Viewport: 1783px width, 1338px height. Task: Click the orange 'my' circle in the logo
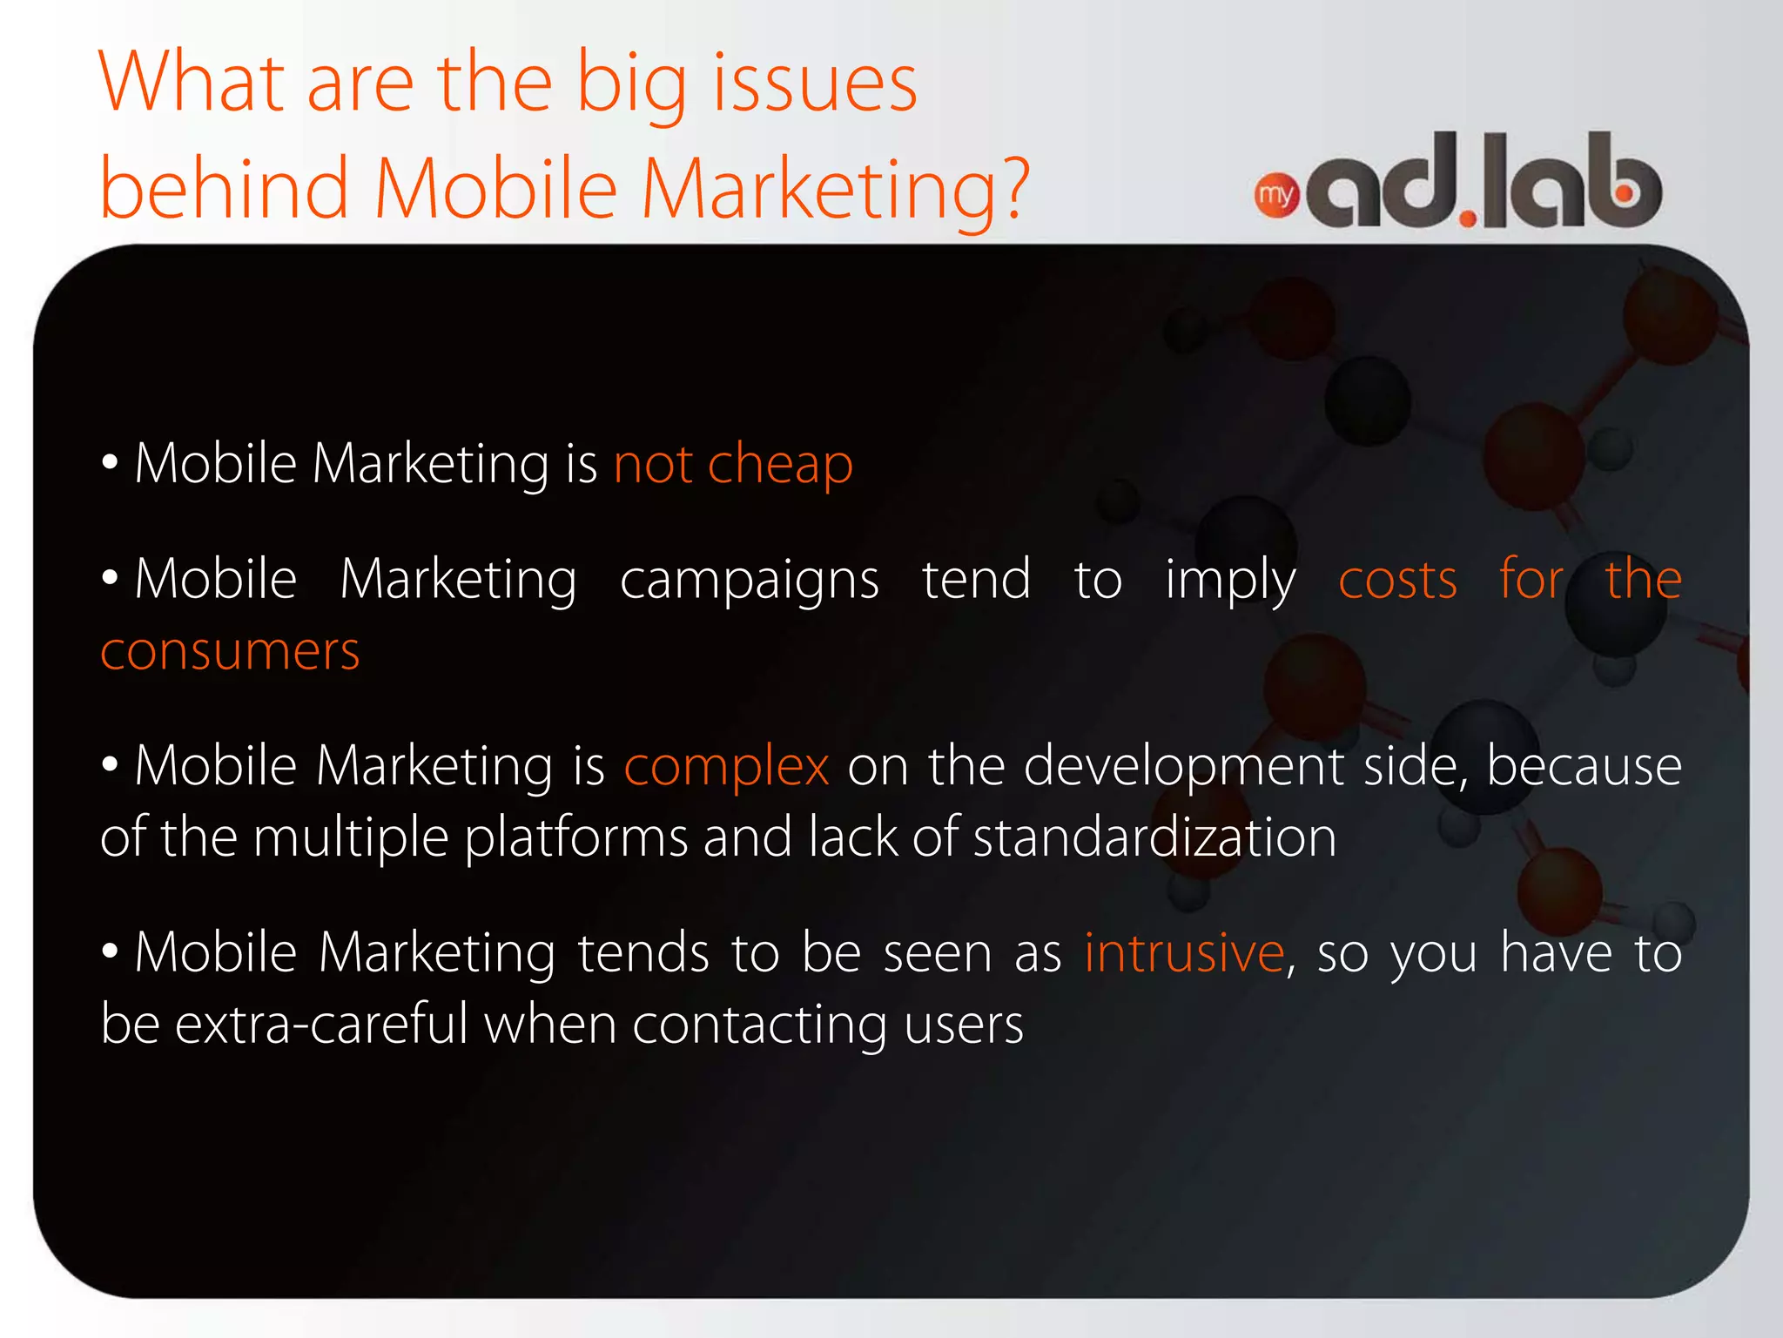(x=1276, y=196)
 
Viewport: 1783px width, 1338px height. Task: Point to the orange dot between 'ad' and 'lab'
(x=1468, y=217)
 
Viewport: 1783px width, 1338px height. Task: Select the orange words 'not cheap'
(x=733, y=463)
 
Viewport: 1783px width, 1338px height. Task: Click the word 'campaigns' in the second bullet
(x=749, y=582)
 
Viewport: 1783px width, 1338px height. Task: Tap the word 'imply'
(x=1230, y=582)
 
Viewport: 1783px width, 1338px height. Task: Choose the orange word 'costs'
(x=1397, y=580)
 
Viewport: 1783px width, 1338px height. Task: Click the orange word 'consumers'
(x=230, y=652)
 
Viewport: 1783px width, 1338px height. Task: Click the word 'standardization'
(x=1154, y=837)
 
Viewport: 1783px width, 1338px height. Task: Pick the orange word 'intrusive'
(x=1184, y=952)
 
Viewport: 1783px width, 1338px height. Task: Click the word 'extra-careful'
(x=321, y=1024)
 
